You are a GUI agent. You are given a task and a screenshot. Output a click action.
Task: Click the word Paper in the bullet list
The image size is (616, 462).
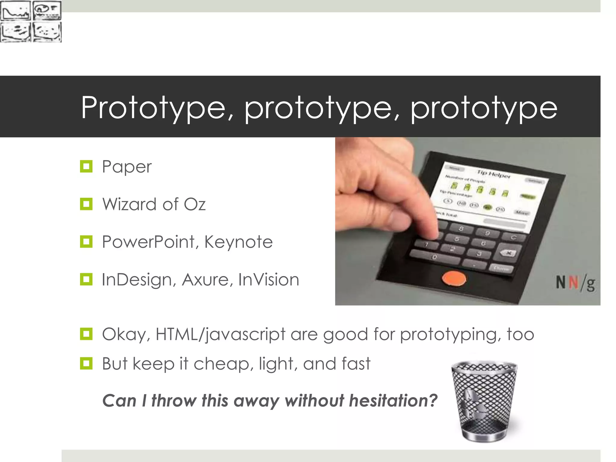[x=127, y=167]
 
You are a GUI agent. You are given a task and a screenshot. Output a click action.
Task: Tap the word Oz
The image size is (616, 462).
[x=194, y=205]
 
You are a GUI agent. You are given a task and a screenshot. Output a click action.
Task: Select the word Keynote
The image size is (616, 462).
[x=238, y=242]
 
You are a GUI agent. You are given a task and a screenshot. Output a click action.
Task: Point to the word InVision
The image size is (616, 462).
[x=269, y=280]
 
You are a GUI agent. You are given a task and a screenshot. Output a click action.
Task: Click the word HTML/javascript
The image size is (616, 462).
[x=220, y=334]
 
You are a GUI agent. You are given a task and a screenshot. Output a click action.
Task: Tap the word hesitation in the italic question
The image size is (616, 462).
[x=393, y=401]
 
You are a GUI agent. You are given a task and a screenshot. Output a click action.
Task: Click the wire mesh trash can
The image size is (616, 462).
[x=484, y=402]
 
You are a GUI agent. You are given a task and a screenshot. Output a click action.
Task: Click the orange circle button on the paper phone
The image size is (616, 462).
[x=454, y=279]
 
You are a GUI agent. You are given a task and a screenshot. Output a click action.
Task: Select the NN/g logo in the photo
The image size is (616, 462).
[x=575, y=283]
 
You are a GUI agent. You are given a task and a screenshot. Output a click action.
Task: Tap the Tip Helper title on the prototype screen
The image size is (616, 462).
[x=494, y=174]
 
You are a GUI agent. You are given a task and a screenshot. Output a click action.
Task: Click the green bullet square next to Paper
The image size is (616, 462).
[x=86, y=166]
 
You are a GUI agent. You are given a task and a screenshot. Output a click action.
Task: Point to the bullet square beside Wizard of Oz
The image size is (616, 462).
[x=86, y=204]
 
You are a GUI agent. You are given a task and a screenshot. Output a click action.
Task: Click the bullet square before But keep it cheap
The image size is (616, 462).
[x=86, y=363]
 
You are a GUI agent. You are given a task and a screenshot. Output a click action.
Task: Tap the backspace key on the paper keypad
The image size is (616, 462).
[x=508, y=253]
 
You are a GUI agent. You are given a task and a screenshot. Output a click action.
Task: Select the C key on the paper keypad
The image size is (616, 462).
[x=513, y=237]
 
